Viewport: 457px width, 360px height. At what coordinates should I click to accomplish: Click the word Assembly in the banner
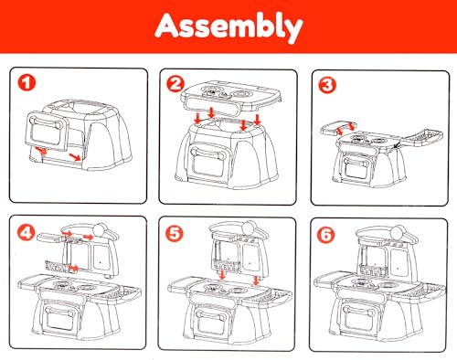(x=228, y=27)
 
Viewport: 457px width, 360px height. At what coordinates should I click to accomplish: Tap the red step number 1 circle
(x=27, y=83)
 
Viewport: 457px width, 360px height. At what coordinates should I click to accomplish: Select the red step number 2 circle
(x=175, y=84)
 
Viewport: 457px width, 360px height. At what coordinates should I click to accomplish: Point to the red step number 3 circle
(x=327, y=85)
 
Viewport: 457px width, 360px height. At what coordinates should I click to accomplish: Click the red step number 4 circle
(x=27, y=233)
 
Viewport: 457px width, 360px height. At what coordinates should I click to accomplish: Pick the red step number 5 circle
(x=175, y=234)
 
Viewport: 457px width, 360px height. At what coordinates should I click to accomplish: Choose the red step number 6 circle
(x=325, y=235)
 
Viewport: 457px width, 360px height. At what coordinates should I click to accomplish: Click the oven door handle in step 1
(x=45, y=122)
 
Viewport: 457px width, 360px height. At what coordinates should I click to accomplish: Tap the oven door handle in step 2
(x=208, y=153)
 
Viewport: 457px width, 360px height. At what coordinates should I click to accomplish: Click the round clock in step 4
(x=101, y=230)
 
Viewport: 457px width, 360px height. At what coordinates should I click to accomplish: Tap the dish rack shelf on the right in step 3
(x=422, y=138)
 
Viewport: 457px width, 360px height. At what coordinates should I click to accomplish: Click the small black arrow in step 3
(x=397, y=145)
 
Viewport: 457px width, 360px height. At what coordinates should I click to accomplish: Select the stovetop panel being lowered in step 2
(x=230, y=96)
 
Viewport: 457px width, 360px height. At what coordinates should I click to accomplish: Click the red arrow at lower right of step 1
(x=75, y=157)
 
